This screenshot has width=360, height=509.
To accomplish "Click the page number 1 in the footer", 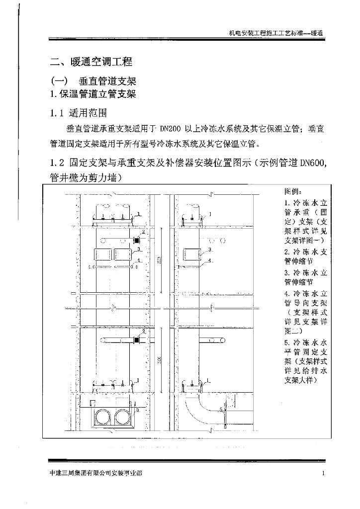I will (323, 474).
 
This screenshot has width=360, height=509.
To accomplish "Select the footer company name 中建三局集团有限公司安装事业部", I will (96, 474).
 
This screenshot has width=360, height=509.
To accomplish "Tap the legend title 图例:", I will (292, 191).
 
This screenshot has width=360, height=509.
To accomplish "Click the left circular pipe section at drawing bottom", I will (104, 415).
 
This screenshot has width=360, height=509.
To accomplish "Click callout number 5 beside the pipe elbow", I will (221, 409).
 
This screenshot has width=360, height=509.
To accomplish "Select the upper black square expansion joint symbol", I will (136, 240).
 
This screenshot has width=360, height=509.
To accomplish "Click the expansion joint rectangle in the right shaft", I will (192, 254).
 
